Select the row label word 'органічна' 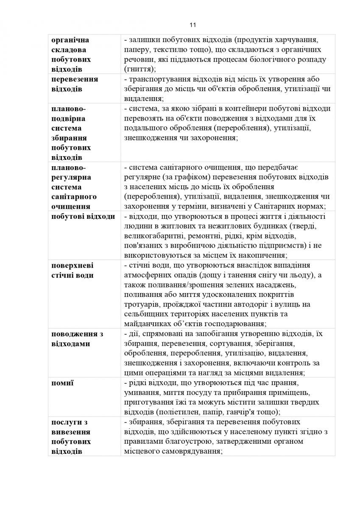[70, 40]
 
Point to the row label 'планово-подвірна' [68, 113]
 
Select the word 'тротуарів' [140, 305]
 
